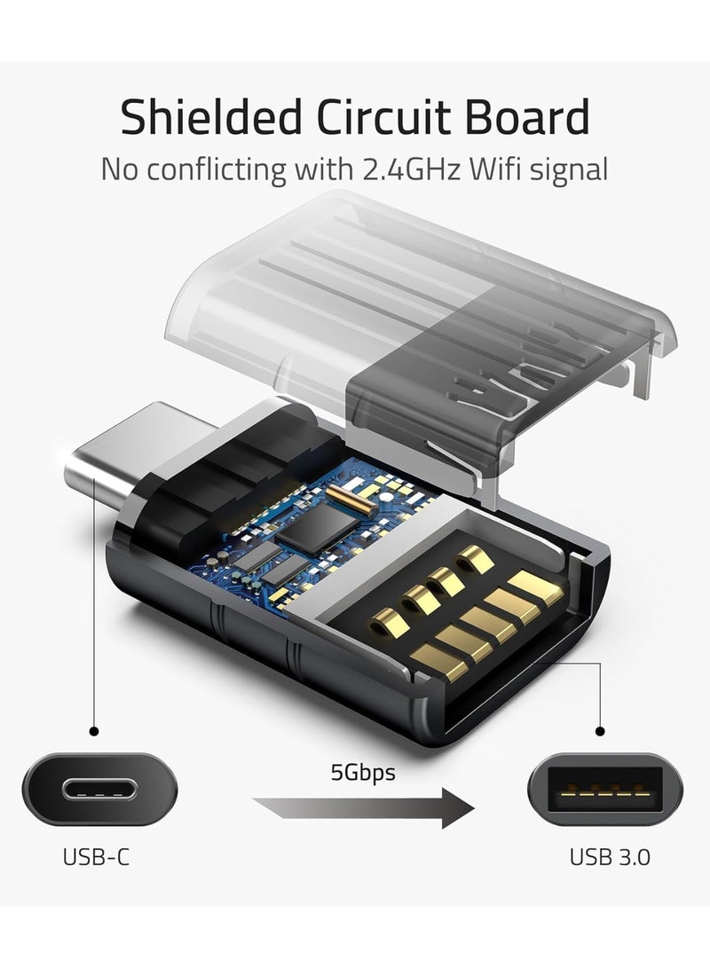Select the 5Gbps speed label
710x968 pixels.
[363, 772]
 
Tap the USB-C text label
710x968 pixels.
[97, 857]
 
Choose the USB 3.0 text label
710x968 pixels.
[610, 857]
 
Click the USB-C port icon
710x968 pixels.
[99, 790]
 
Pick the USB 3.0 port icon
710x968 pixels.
[605, 790]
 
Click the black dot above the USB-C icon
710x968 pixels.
[94, 732]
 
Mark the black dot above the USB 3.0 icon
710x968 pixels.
[600, 732]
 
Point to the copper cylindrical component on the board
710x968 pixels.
[350, 500]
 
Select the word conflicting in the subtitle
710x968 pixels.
[217, 169]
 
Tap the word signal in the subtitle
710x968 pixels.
[569, 169]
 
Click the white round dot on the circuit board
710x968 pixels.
[386, 496]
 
